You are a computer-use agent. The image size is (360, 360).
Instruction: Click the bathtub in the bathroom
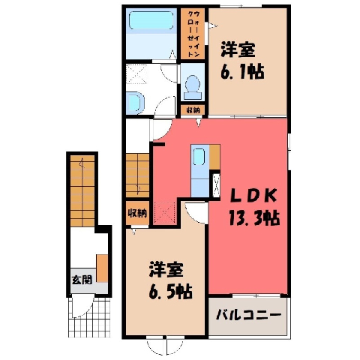coord(151,20)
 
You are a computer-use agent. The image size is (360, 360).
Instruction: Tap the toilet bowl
coord(193,87)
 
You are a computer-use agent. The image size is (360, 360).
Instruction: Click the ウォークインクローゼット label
coord(193,34)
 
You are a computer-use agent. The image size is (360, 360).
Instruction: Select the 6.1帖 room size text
coord(242,73)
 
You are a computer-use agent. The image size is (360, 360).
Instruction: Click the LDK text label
coord(253,196)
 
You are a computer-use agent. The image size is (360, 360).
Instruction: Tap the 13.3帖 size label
coord(253,217)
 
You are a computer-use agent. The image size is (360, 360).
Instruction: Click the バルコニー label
coord(249,315)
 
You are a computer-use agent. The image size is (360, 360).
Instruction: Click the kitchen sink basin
coord(199,157)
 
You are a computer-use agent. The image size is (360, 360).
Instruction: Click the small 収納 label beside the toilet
coord(193,110)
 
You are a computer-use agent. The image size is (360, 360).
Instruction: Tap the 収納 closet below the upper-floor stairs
coord(137,213)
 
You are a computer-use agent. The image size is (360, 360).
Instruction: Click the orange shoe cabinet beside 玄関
coord(102,268)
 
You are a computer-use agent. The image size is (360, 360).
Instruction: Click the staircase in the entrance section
coord(82,190)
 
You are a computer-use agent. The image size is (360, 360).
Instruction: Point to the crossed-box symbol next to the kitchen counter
coord(215,184)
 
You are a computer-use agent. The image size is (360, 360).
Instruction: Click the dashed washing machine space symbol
coord(136,74)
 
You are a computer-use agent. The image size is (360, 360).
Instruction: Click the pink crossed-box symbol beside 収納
coord(165,212)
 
